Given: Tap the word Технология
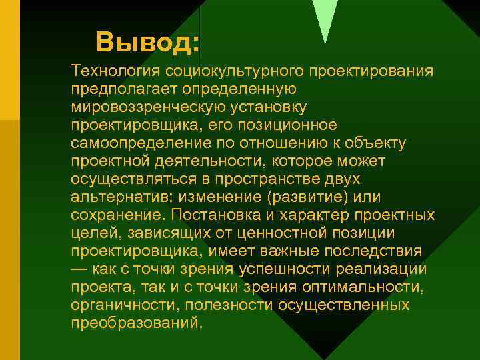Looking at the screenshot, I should (x=119, y=71).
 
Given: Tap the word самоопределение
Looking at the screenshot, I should (x=137, y=143).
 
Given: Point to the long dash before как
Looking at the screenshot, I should (x=80, y=269).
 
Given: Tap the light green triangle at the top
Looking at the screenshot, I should (x=325, y=17).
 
